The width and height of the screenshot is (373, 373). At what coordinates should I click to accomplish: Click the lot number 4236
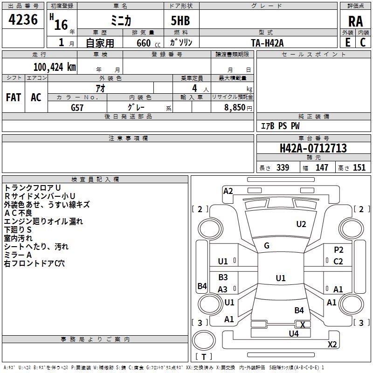point(23,20)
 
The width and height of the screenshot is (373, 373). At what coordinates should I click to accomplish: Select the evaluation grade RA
point(355,21)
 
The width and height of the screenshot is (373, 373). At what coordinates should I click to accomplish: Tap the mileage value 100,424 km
point(55,67)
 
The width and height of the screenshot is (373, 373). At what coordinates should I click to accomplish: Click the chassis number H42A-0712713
point(313,148)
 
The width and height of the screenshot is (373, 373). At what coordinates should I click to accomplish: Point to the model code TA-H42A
point(267,42)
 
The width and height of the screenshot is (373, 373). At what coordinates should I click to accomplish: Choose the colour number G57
point(77,107)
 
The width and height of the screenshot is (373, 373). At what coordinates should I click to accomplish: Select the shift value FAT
point(14,97)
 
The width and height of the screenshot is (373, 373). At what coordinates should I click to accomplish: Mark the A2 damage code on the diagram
point(228,191)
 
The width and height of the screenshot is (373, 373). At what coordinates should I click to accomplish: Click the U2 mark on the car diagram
point(301,224)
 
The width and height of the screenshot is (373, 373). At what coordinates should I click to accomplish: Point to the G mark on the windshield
point(267,246)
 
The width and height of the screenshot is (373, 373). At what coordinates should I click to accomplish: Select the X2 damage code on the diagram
point(332,345)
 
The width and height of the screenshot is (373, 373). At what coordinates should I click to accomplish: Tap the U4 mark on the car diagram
point(293,333)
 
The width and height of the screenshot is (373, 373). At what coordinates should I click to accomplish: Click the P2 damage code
point(338,250)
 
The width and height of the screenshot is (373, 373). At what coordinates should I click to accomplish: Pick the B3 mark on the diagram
point(223,277)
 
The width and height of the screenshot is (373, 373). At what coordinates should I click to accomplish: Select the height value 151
point(359,168)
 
